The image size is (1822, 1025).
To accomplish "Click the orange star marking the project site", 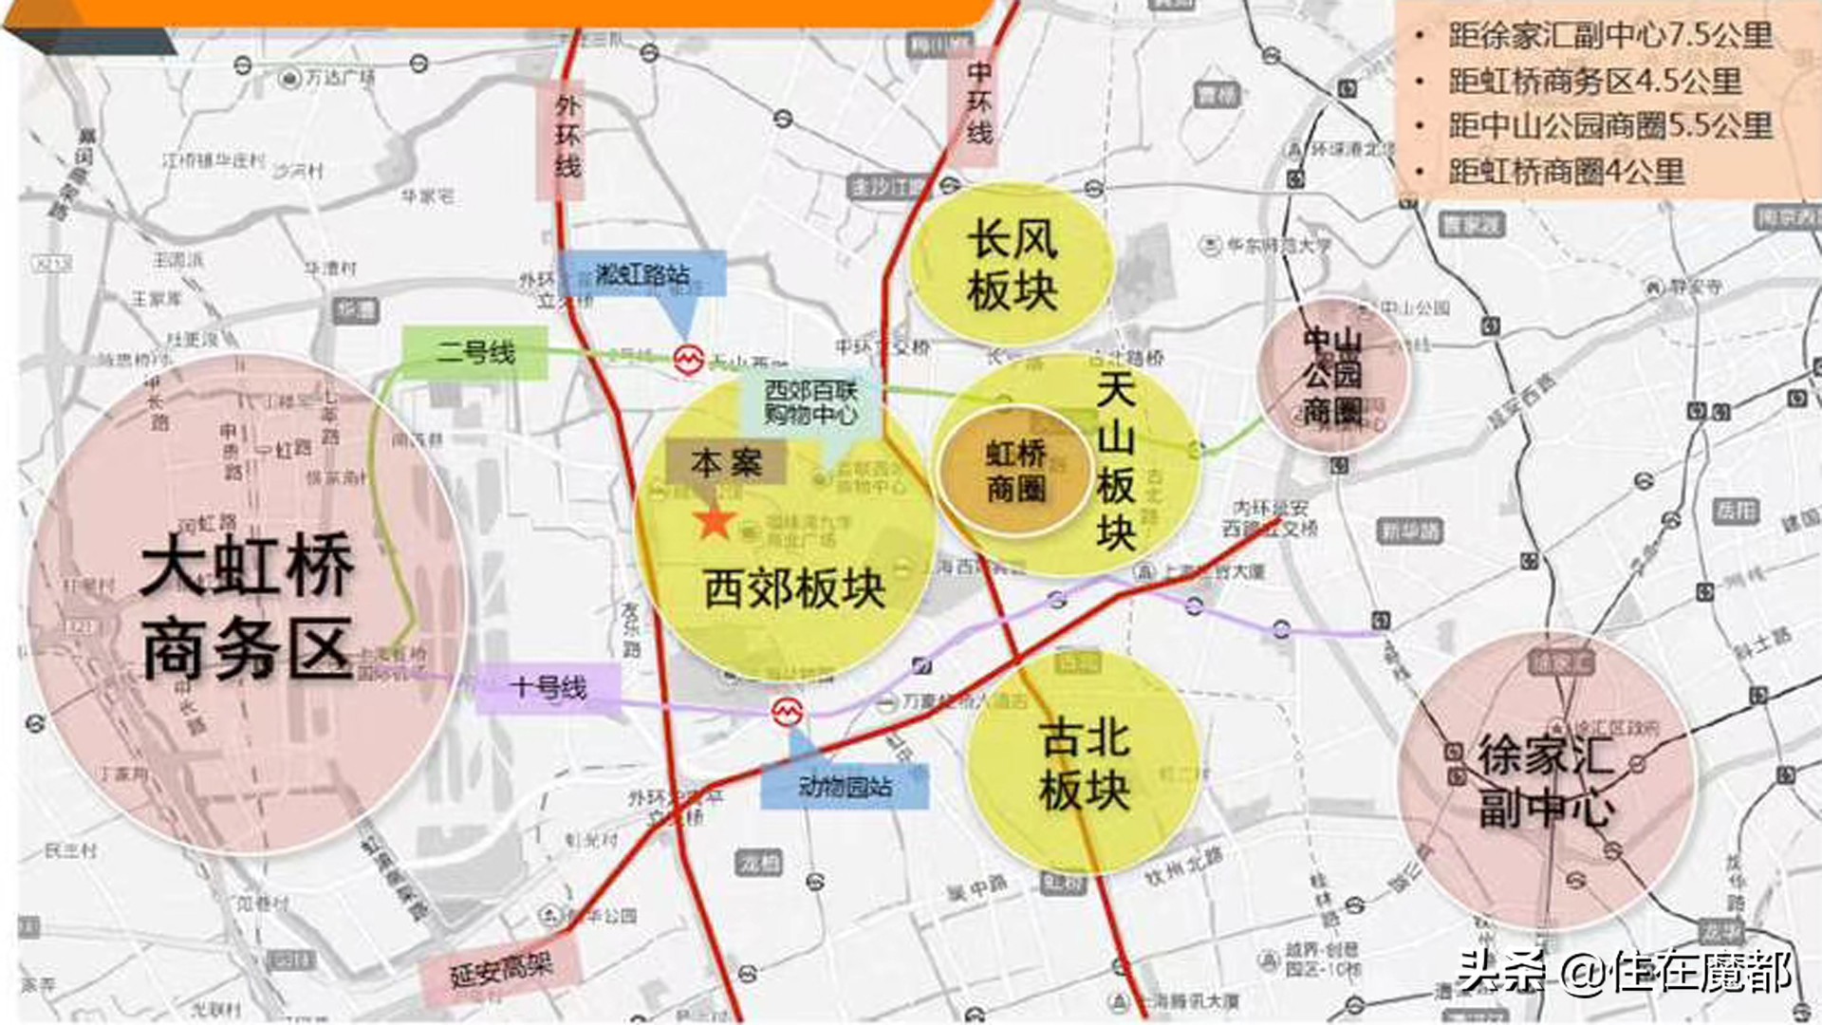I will pyautogui.click(x=714, y=521).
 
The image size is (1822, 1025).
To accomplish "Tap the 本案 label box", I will pyautogui.click(x=726, y=463).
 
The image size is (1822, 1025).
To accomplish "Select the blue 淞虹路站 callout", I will pyautogui.click(x=642, y=275).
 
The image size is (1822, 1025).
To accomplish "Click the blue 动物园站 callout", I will pyautogui.click(x=845, y=787).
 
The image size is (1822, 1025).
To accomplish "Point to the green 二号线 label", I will pyautogui.click(x=475, y=353).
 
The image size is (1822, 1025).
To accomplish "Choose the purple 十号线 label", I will pyautogui.click(x=548, y=687).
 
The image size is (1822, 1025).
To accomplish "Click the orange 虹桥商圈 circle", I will pyautogui.click(x=1015, y=471).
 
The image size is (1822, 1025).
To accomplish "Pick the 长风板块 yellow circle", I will pyautogui.click(x=1012, y=265).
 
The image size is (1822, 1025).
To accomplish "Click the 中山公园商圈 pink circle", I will pyautogui.click(x=1332, y=376).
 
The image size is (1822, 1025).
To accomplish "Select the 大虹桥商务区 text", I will pyautogui.click(x=247, y=606).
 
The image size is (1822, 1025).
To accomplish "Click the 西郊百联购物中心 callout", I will pyautogui.click(x=810, y=402).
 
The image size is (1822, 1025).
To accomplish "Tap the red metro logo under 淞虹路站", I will pyautogui.click(x=688, y=360).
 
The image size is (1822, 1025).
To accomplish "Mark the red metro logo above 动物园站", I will pyautogui.click(x=787, y=712).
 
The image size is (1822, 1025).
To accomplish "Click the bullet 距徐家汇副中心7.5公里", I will pyautogui.click(x=1609, y=36).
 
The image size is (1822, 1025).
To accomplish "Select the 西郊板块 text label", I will pyautogui.click(x=794, y=588).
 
